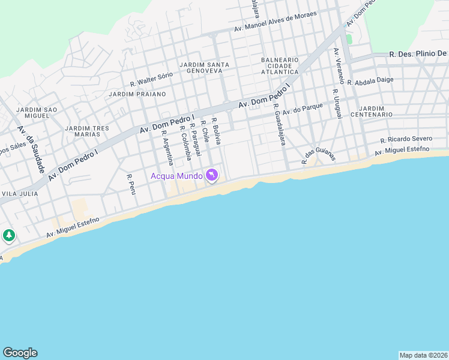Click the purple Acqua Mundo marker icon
[x=211, y=175]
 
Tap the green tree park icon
[x=8, y=235]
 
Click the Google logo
[x=20, y=353]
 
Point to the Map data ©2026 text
[x=423, y=355]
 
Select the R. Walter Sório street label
[x=151, y=79]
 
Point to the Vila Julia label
[x=20, y=194]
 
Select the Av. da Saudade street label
[x=31, y=149]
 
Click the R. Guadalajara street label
[x=279, y=125]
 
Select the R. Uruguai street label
[x=337, y=104]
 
